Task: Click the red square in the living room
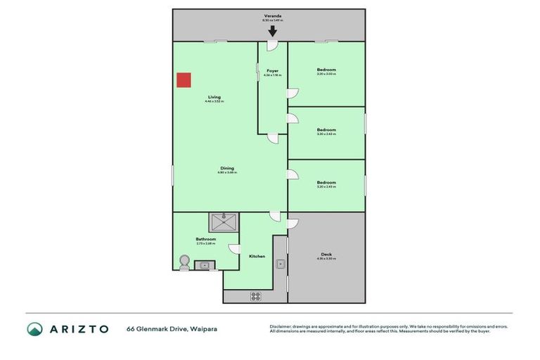(x=184, y=80)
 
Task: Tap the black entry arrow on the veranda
(x=272, y=30)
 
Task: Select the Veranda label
(x=272, y=15)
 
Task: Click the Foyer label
(x=272, y=71)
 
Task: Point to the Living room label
(x=214, y=97)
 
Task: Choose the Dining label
(x=227, y=168)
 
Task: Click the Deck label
(x=326, y=255)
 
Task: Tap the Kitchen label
(x=257, y=256)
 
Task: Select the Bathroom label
(x=206, y=239)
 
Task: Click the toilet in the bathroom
(x=184, y=262)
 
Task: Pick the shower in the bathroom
(x=223, y=222)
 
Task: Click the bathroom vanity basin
(x=205, y=265)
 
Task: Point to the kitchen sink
(x=280, y=264)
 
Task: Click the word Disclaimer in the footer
(x=283, y=327)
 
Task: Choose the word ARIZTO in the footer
(x=78, y=329)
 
